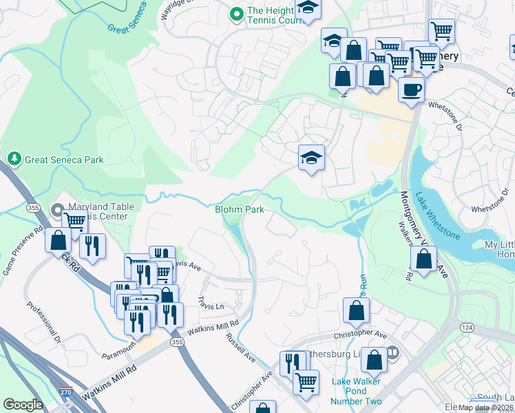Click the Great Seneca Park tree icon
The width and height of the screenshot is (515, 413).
coord(13,159)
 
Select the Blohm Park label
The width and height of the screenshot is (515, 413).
coord(239,209)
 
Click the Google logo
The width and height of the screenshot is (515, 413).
coord(23,405)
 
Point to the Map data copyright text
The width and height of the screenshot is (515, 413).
coord(486,407)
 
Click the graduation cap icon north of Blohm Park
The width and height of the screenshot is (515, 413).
coord(311,158)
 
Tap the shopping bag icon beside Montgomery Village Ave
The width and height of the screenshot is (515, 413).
coord(424,259)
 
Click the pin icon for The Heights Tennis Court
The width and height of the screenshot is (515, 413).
coord(237,12)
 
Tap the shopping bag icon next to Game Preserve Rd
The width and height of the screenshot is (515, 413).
coord(59,240)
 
